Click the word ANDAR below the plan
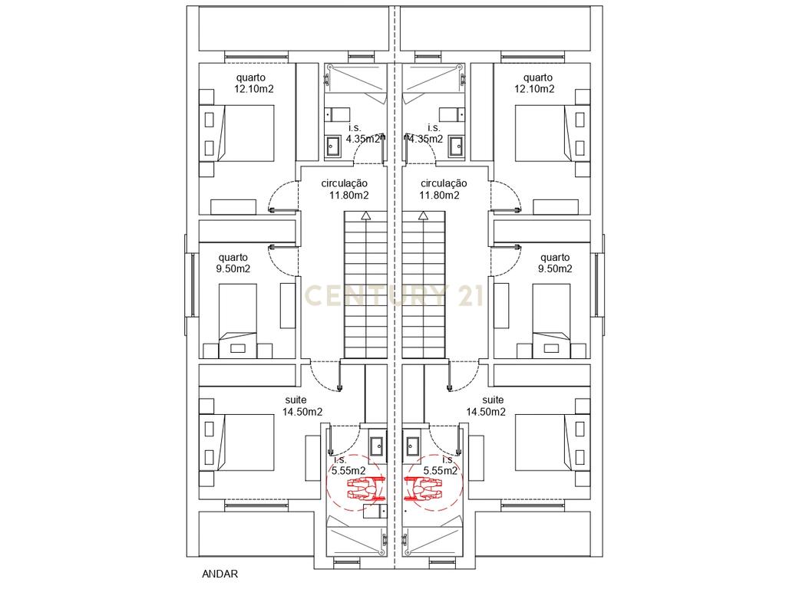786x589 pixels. click(x=220, y=574)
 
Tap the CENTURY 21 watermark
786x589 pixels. click(x=394, y=295)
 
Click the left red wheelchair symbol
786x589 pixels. click(x=365, y=489)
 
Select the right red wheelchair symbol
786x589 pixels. click(x=423, y=489)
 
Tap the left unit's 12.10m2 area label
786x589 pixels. click(x=253, y=89)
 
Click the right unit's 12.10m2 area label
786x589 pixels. click(x=534, y=89)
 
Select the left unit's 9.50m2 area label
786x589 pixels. click(x=233, y=269)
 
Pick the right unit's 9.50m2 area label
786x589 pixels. click(x=555, y=269)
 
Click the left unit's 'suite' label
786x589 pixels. click(x=296, y=400)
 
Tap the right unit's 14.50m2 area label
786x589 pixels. click(x=486, y=412)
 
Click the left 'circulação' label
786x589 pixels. click(x=345, y=184)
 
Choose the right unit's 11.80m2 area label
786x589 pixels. click(x=439, y=196)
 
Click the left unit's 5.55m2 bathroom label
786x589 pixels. click(x=348, y=471)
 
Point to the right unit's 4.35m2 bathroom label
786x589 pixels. click(x=425, y=140)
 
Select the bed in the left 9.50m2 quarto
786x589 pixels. click(x=238, y=321)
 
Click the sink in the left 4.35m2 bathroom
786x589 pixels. click(x=333, y=146)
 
